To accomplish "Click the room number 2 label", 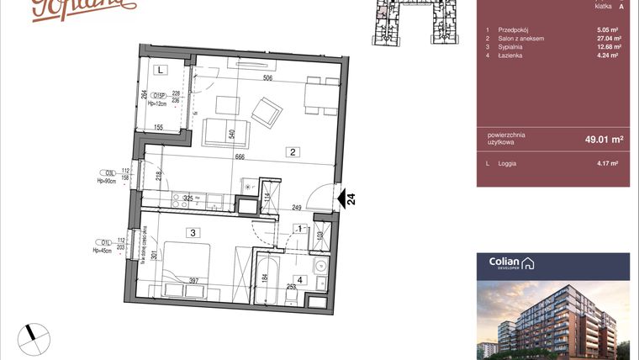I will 292,153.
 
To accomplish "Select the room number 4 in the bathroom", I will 299,281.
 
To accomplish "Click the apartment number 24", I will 351,199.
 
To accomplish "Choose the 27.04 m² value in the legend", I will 607,39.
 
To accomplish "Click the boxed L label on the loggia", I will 160,71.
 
